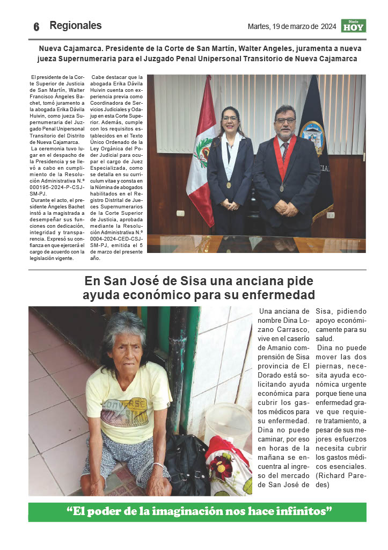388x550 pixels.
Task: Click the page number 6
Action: [x=36, y=27]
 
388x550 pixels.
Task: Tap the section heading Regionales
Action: [x=75, y=25]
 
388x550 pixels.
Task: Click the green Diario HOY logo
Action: [x=353, y=26]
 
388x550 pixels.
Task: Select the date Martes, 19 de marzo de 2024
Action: [x=292, y=26]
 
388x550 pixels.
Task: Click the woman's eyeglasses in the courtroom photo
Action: [x=230, y=119]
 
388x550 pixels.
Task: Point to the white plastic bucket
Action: [x=228, y=424]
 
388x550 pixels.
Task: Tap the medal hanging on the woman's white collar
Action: [x=229, y=185]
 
